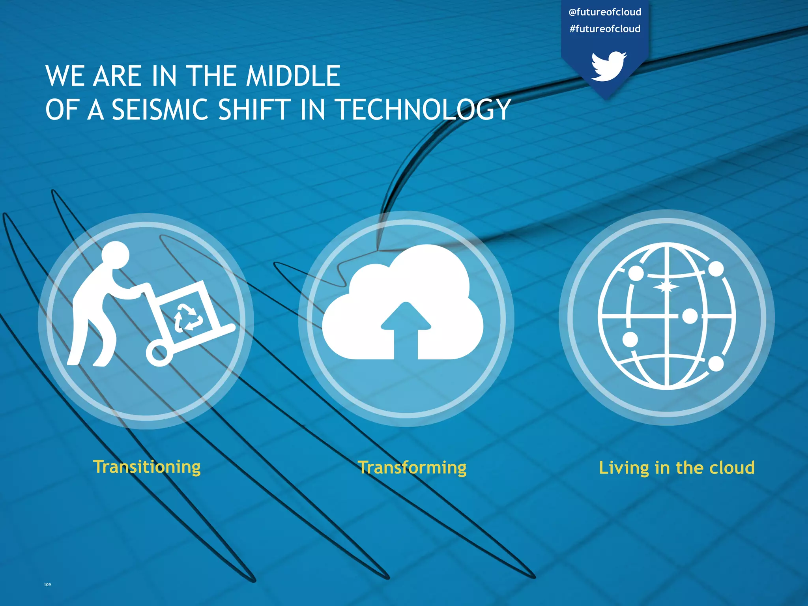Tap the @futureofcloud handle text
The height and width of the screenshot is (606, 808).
pyautogui.click(x=605, y=12)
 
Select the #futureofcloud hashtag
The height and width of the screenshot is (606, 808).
pyautogui.click(x=605, y=29)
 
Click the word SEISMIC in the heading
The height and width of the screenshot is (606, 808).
pyautogui.click(x=160, y=110)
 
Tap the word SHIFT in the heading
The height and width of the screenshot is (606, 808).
pyautogui.click(x=254, y=110)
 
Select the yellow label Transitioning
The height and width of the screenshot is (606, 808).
pyautogui.click(x=147, y=467)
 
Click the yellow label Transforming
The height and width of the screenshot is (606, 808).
pyautogui.click(x=412, y=468)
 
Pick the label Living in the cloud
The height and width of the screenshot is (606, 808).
pyautogui.click(x=677, y=468)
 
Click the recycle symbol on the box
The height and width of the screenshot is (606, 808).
pyautogui.click(x=189, y=316)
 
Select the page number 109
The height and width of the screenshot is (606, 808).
pyautogui.click(x=47, y=585)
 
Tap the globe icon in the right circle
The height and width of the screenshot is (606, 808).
pyautogui.click(x=666, y=316)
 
